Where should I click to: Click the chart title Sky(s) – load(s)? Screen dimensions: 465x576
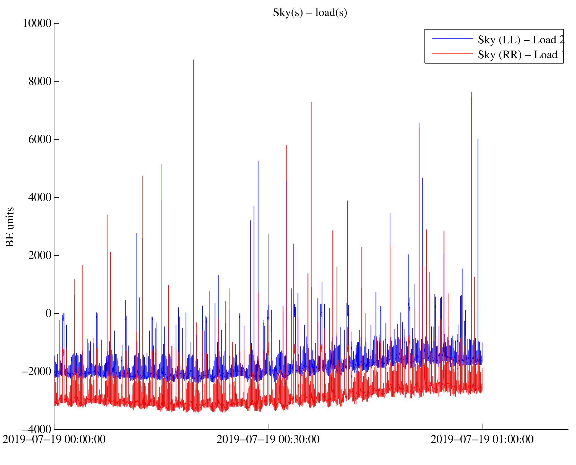pos(310,13)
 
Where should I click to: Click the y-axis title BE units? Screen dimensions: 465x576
pos(10,227)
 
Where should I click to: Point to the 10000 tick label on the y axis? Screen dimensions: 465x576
pos(37,23)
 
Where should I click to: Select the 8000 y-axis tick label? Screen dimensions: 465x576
pos(40,82)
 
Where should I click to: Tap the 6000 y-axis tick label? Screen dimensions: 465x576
pos(40,140)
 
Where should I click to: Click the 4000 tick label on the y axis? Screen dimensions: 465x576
pos(40,198)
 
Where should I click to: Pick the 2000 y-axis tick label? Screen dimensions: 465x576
pos(40,256)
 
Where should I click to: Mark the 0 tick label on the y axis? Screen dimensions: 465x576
pos(49,314)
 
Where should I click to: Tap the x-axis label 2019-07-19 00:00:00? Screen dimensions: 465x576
pos(54,440)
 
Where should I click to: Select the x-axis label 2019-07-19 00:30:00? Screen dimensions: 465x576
pos(268,440)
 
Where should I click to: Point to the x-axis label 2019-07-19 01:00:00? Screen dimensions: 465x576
pos(482,440)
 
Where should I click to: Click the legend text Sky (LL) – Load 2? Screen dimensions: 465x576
pos(521,40)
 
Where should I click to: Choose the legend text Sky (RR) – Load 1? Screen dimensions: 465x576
pos(521,55)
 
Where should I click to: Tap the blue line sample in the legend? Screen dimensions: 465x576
pos(453,38)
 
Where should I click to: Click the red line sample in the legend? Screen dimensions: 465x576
pos(453,53)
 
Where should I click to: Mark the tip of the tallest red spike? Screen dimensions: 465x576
pos(193,60)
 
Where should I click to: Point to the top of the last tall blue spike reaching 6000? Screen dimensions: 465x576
pos(478,140)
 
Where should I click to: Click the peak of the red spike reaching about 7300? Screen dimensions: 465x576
pos(311,102)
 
